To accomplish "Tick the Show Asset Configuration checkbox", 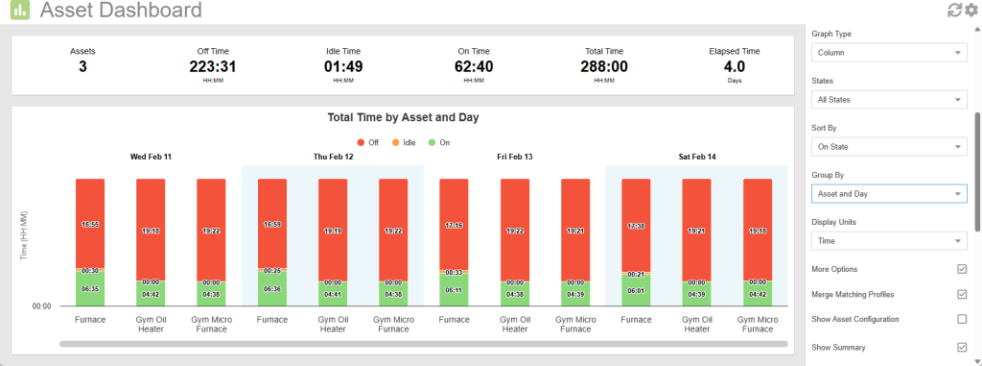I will pos(962,319).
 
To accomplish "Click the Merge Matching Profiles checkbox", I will pos(962,294).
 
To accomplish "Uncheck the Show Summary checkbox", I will pos(962,347).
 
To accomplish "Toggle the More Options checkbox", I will pos(962,269).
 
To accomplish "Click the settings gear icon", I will pos(970,11).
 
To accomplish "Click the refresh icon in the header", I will pos(954,11).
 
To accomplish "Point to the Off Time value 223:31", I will pos(212,67).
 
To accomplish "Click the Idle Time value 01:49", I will pos(342,67).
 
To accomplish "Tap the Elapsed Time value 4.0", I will pos(734,67).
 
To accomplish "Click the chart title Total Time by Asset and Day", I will pos(403,117).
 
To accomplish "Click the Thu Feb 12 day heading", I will pos(333,156).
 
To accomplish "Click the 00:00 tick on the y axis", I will pos(41,306).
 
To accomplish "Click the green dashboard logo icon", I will pos(19,12).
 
